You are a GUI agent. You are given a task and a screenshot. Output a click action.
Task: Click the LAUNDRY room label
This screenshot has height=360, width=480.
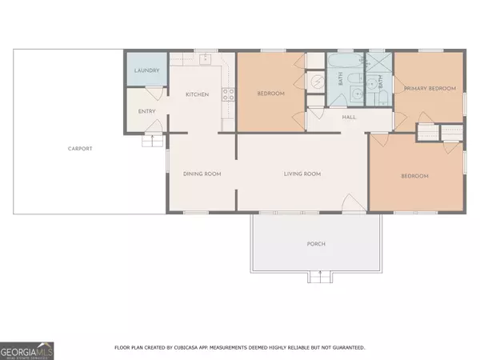146,71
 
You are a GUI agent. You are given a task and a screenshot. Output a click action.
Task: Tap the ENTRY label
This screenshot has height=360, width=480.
146,111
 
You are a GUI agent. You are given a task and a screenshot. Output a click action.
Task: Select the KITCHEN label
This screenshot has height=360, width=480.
197,94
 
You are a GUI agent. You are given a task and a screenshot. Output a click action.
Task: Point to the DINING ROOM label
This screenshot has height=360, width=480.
202,174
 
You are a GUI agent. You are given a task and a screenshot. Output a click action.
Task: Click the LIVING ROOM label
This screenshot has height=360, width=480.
302,174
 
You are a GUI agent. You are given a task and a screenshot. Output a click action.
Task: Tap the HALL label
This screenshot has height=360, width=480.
349,117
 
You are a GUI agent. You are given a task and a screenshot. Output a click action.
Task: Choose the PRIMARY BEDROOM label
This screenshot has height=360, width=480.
430,88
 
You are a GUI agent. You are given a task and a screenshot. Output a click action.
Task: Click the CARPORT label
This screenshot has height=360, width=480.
80,149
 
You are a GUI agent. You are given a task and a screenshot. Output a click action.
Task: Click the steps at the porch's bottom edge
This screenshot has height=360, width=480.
319,278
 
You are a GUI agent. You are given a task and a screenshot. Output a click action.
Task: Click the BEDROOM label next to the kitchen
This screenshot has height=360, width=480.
270,94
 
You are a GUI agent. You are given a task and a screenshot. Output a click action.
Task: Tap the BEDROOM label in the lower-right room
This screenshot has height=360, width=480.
414,176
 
